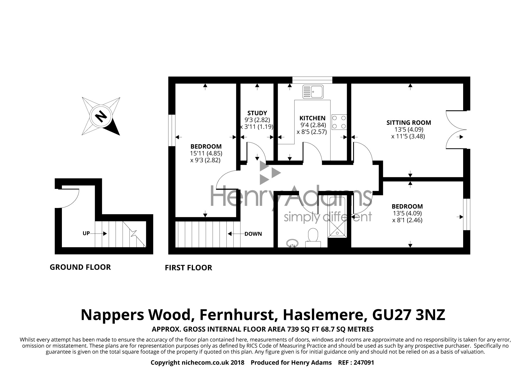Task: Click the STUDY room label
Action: point(257,113)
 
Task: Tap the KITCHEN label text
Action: point(312,118)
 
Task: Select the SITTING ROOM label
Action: point(409,123)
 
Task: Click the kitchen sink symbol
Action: point(313,92)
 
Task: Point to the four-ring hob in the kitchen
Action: point(339,122)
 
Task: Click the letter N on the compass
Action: point(101,116)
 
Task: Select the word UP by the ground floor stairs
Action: point(86,234)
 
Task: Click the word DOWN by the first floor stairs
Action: point(253,234)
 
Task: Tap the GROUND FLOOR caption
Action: point(80,267)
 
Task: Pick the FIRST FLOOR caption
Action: point(188,268)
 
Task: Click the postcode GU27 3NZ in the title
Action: point(409,315)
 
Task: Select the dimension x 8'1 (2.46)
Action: point(407,220)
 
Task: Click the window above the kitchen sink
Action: point(312,80)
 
